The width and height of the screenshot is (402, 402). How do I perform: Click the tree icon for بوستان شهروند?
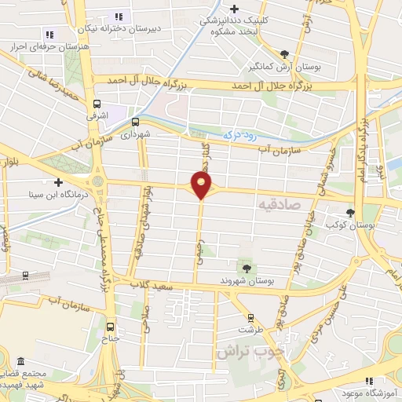click(x=247, y=269)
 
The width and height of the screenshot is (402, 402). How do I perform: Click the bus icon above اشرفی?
click(x=97, y=104)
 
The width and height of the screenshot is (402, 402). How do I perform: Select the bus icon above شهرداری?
click(x=135, y=122)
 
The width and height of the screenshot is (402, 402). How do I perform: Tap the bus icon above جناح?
click(x=109, y=327)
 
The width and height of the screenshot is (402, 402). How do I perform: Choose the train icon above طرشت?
click(x=250, y=318)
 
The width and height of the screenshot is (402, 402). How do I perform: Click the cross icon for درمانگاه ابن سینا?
click(x=57, y=181)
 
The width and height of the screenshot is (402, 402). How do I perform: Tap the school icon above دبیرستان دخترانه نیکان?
click(x=119, y=16)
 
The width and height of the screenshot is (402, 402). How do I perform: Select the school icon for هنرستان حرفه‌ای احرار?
click(x=49, y=35)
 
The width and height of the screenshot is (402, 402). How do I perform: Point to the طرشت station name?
click(x=251, y=330)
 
